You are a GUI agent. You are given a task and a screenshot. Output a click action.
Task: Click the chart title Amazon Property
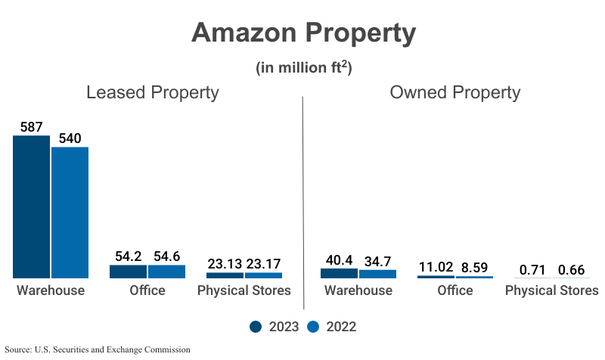click(303, 33)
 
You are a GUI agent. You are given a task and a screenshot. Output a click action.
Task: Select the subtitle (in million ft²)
click(303, 68)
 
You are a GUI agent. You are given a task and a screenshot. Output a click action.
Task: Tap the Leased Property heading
click(152, 93)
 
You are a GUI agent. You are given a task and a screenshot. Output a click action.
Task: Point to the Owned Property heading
click(455, 93)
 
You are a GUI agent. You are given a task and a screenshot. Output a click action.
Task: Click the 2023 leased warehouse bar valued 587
click(31, 207)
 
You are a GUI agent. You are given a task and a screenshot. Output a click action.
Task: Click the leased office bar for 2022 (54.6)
click(166, 272)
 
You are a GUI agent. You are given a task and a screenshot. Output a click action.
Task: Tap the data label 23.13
click(225, 264)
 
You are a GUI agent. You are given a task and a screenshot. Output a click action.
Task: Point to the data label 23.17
click(264, 264)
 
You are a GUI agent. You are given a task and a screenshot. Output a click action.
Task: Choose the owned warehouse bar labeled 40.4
click(339, 273)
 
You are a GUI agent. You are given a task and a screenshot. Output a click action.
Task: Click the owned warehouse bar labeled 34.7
click(377, 274)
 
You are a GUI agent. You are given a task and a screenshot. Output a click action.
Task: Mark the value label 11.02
click(436, 267)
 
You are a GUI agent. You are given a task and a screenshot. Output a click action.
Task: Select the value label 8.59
click(475, 267)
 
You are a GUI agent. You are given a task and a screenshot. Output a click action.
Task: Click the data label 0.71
click(532, 270)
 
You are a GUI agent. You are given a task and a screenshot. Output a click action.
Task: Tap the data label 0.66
click(571, 270)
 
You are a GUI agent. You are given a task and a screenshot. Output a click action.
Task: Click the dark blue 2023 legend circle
click(256, 327)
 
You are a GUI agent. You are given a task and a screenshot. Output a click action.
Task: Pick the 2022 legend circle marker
click(313, 327)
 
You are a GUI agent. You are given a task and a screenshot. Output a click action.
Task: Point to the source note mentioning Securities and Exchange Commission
click(98, 350)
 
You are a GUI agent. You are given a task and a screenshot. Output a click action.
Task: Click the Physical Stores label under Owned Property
click(551, 291)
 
